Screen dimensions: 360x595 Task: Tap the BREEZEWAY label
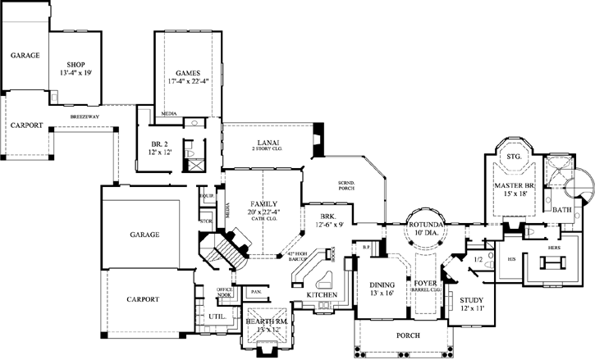click(x=85, y=116)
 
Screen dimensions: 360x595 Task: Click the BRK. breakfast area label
click(x=317, y=216)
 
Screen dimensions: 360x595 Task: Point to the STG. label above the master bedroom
click(x=515, y=156)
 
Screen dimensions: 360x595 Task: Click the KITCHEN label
click(x=321, y=294)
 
